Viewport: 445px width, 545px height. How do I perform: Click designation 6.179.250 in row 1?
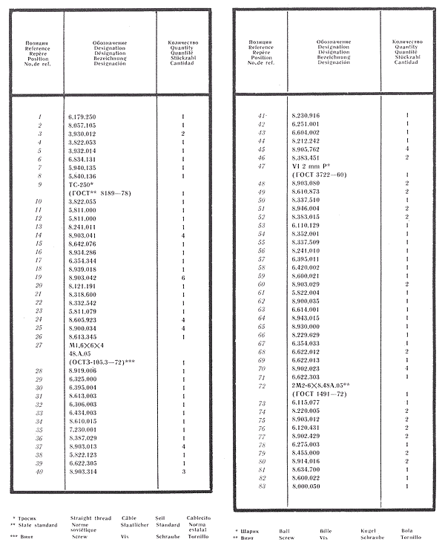click(x=82, y=117)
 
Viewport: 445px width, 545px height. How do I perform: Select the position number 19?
click(x=37, y=276)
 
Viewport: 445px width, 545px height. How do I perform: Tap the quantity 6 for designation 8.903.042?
click(x=182, y=276)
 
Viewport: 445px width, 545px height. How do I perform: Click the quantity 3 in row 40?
click(x=182, y=471)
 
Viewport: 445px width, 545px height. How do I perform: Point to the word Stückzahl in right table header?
click(x=406, y=57)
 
